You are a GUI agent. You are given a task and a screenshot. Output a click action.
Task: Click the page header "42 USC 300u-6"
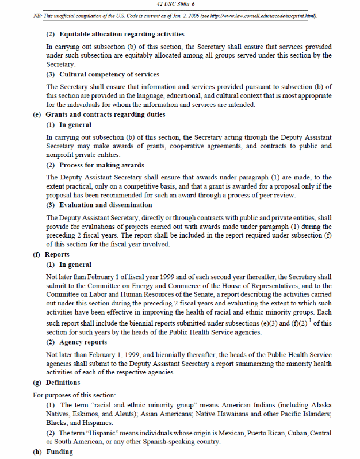point(180,5)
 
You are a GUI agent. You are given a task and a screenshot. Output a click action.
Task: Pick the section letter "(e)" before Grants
point(37,114)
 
